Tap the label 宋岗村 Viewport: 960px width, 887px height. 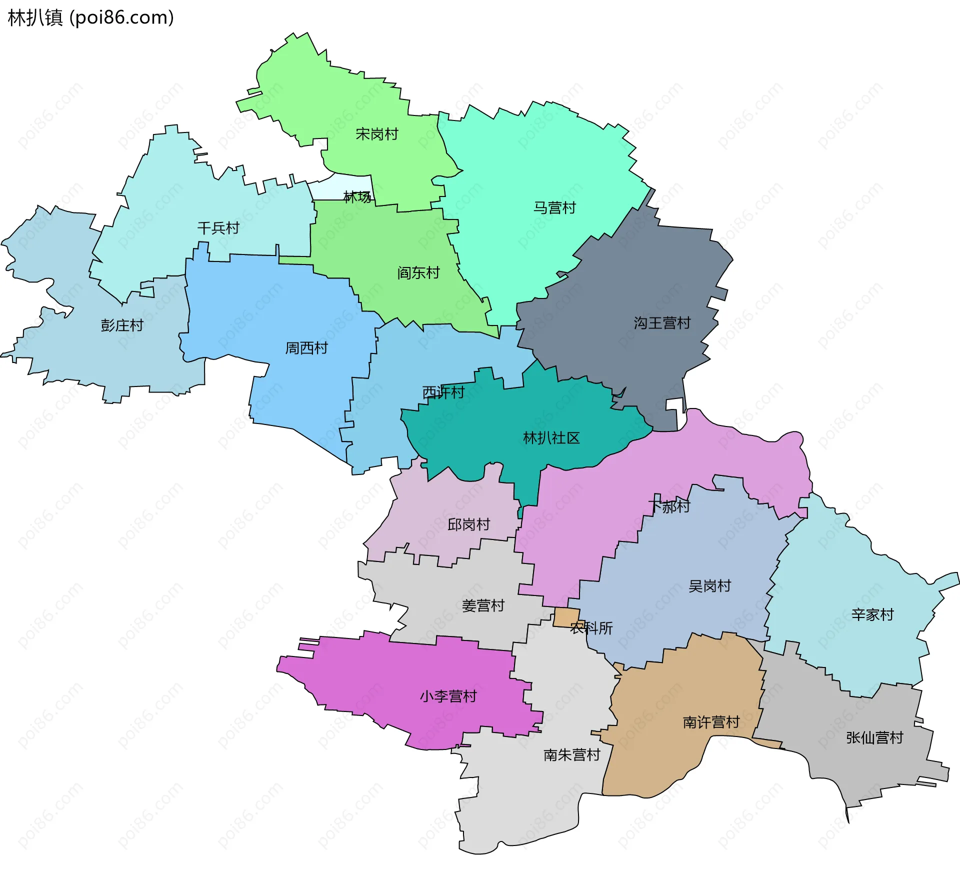[x=376, y=134]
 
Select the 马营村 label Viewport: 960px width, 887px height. [x=554, y=207]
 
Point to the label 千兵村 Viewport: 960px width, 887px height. [x=218, y=228]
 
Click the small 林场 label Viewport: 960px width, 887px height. [x=357, y=197]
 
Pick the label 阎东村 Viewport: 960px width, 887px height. [x=418, y=273]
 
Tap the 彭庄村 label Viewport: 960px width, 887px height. [x=122, y=325]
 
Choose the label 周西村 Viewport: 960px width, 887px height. [x=306, y=348]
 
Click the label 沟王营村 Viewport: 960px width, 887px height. [x=662, y=323]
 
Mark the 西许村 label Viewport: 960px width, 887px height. [x=443, y=392]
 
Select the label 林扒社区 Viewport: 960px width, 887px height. [x=551, y=438]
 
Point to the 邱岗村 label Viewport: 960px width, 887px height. [x=468, y=524]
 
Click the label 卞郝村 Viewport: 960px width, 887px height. [x=669, y=506]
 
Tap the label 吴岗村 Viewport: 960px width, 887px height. [x=709, y=586]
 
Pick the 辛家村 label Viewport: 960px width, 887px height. [x=872, y=615]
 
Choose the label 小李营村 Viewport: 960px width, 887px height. [x=448, y=696]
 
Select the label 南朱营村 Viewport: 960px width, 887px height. [x=571, y=755]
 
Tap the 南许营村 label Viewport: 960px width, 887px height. [x=711, y=722]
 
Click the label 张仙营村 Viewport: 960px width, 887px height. [x=874, y=738]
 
